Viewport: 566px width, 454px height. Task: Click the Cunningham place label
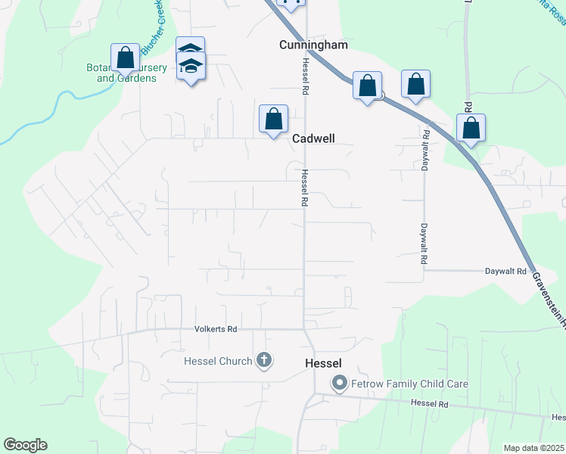click(x=313, y=45)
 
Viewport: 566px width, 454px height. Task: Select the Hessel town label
click(x=323, y=363)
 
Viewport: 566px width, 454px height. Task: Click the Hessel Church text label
click(x=218, y=361)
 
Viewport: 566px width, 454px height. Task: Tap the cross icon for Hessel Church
click(x=263, y=360)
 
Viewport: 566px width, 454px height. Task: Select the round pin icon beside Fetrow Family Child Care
click(x=340, y=384)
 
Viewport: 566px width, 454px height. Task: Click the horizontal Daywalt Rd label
click(x=505, y=271)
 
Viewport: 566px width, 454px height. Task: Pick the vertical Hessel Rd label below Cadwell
click(x=304, y=188)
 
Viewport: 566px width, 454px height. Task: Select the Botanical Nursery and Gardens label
click(x=126, y=73)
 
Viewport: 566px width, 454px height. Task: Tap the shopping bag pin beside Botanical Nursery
click(x=126, y=58)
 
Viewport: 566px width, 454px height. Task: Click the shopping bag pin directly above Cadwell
click(x=273, y=120)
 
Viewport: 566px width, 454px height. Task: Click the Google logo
click(x=25, y=445)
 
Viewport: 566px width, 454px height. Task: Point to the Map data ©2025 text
click(x=533, y=448)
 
